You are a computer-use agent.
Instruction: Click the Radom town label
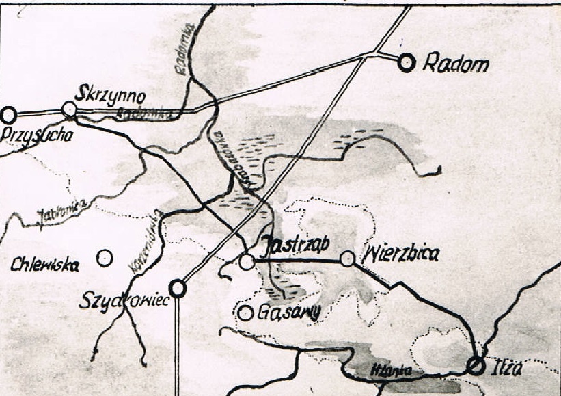tap(456, 64)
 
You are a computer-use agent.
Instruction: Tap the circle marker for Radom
tap(407, 63)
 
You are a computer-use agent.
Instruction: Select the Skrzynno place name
tap(111, 94)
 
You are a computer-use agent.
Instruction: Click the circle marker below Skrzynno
tap(69, 108)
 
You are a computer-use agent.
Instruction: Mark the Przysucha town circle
tap(8, 115)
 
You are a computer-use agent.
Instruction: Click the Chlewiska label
tap(45, 265)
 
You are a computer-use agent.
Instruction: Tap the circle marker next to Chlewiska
tap(105, 258)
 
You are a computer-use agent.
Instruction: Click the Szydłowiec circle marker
tap(178, 289)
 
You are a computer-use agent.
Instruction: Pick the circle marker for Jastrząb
tap(247, 261)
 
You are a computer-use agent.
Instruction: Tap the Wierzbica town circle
tap(348, 258)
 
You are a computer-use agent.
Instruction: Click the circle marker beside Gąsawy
tap(245, 313)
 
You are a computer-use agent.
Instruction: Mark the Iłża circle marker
tap(476, 365)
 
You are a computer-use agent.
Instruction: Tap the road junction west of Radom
tap(370, 53)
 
